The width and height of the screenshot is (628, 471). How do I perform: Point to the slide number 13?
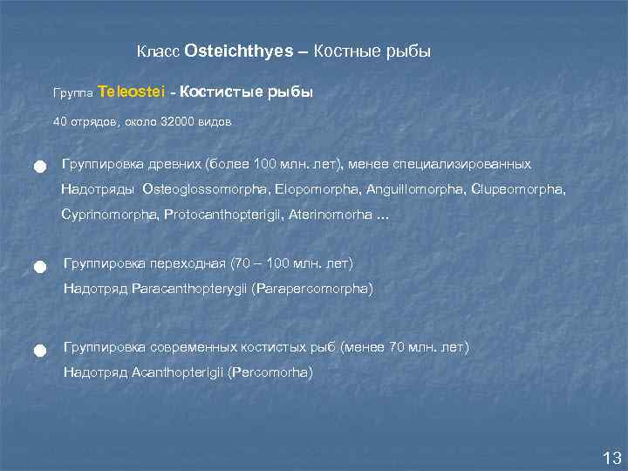click(x=611, y=458)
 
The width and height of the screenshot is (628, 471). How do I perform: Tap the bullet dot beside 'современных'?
click(x=39, y=350)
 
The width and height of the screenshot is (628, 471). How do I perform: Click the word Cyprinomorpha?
click(x=109, y=214)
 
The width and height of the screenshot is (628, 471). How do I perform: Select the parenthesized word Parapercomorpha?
click(x=311, y=289)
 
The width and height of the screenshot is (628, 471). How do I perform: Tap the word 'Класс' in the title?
click(x=159, y=52)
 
